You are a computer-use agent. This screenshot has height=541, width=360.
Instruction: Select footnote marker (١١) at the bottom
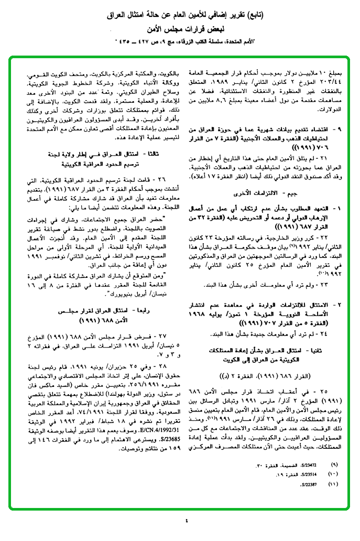click(335, 484)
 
